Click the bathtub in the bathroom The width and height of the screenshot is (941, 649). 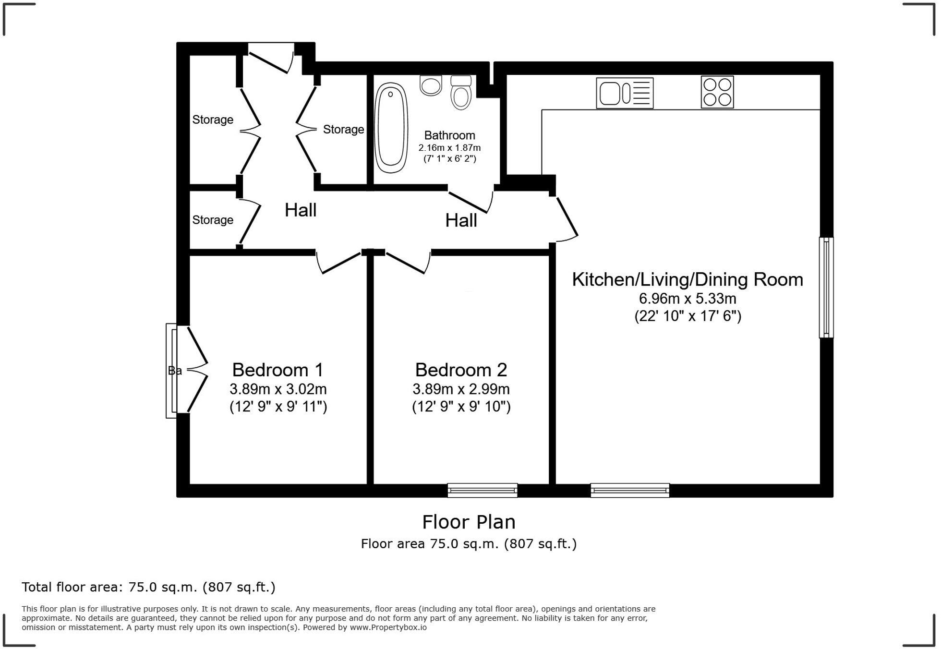tap(391, 128)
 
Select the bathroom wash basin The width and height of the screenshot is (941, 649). tap(431, 85)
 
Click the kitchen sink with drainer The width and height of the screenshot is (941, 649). tap(625, 93)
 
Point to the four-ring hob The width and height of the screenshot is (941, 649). tap(717, 92)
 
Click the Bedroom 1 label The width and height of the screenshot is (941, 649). tap(277, 370)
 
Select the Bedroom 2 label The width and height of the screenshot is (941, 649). tap(461, 370)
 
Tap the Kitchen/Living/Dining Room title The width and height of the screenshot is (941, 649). tap(687, 280)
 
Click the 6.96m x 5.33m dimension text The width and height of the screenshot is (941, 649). tap(687, 299)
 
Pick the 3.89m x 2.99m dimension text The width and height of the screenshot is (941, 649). tap(461, 389)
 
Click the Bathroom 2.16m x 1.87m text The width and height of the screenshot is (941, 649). tap(449, 148)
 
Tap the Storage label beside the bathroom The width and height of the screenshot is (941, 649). tap(343, 130)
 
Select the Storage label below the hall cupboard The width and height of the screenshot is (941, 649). tap(213, 220)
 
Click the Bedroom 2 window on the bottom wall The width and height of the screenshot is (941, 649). tap(482, 490)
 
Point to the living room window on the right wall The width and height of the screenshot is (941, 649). tap(826, 287)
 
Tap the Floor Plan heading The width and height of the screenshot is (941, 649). tap(469, 522)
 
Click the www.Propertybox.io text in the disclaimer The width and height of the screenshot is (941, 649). tap(388, 627)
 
